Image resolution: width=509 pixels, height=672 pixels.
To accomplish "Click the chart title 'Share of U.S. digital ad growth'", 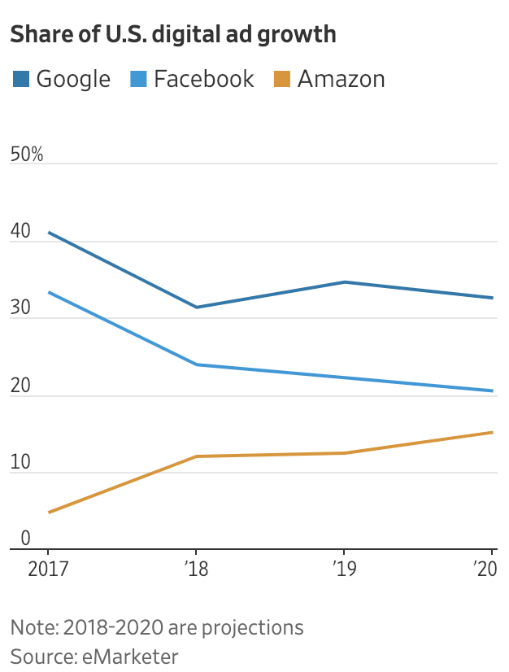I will [x=172, y=34].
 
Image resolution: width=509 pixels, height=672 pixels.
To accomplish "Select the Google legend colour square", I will [x=20, y=79].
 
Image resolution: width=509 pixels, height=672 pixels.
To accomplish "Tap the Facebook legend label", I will [x=203, y=79].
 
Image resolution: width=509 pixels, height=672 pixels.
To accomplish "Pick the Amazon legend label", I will [x=341, y=79].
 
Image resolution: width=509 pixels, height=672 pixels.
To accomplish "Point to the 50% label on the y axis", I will [x=27, y=155].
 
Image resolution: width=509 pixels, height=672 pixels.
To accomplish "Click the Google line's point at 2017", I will [x=49, y=233].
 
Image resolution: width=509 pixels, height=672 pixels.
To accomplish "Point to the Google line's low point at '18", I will [x=196, y=307].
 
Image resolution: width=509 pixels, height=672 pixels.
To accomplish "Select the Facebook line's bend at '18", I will [x=196, y=364].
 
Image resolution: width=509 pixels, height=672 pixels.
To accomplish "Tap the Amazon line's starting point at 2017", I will [x=49, y=513].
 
